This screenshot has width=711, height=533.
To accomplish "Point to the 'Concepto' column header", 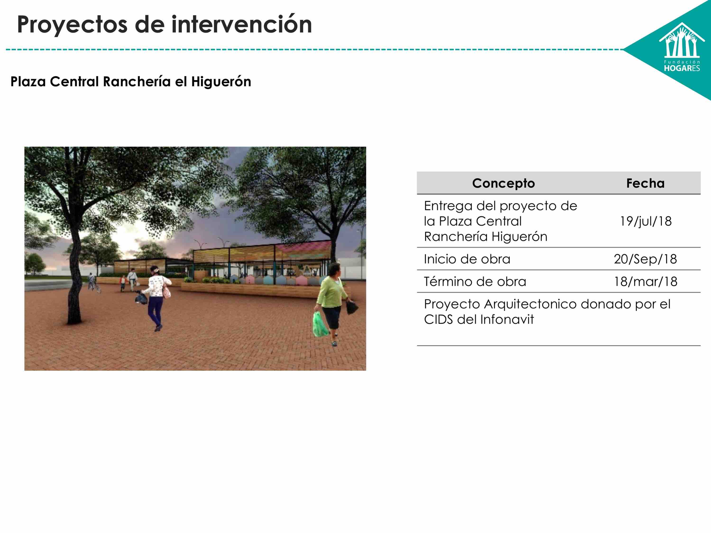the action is point(503,183).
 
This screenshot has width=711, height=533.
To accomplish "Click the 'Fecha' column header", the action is point(645,183).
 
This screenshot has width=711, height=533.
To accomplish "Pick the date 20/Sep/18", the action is point(645,259).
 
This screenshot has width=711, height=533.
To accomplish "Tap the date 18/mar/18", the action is point(645,282).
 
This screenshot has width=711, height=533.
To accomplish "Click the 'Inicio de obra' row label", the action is point(467,259).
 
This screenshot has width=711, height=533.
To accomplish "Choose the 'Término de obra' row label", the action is point(475,282).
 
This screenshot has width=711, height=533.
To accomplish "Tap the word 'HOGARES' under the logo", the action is point(682,68).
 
